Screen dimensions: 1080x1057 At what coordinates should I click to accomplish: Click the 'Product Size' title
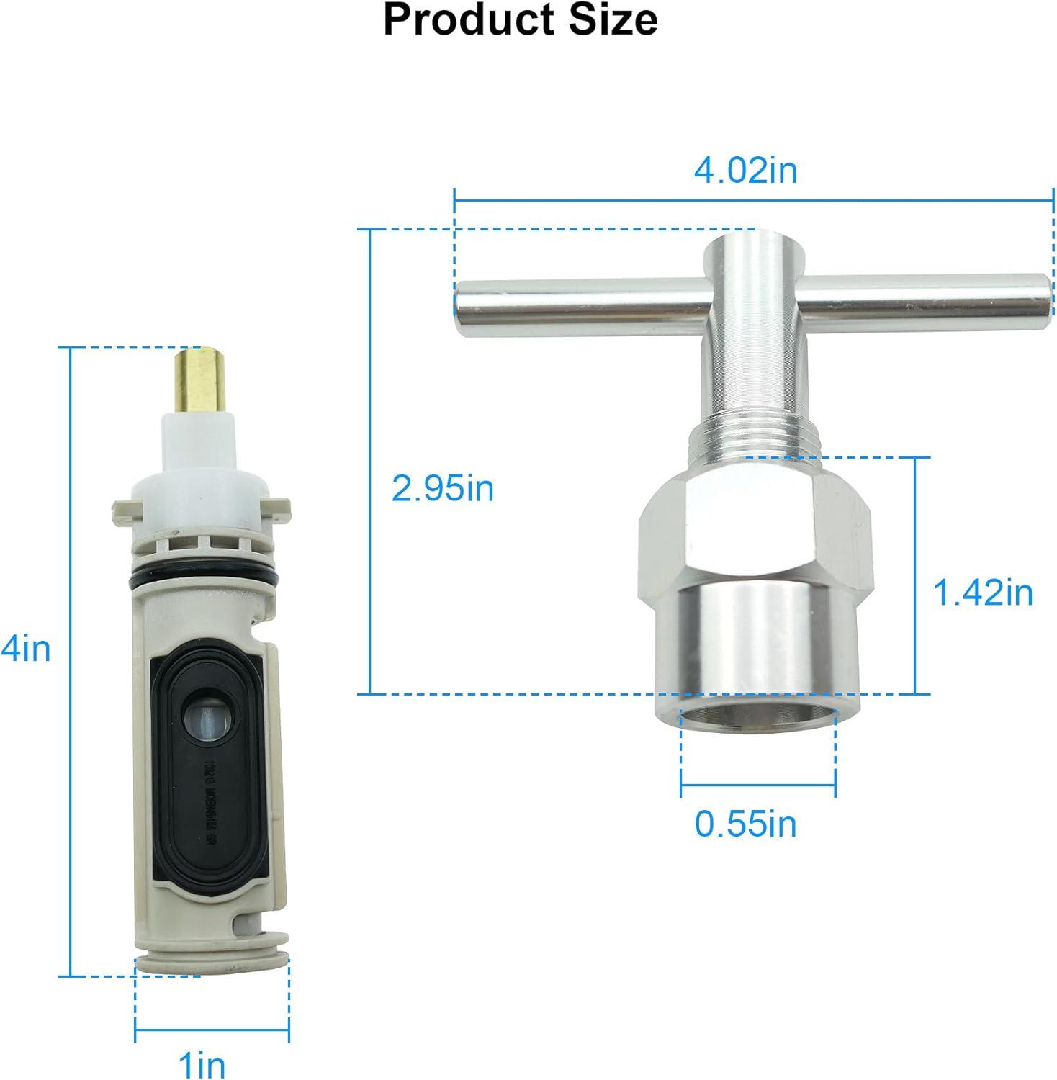tap(520, 20)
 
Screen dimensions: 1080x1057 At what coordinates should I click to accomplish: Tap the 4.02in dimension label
tap(745, 171)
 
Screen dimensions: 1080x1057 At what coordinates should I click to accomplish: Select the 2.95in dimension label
tap(443, 489)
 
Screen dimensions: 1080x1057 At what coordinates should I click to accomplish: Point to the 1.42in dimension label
tap(983, 593)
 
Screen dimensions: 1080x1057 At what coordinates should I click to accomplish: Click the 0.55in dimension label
tap(746, 823)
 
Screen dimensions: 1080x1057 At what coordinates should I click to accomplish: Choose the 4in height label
tap(27, 649)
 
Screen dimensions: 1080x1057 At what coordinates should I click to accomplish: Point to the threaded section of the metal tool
tap(752, 438)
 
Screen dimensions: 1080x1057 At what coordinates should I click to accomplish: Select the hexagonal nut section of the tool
tap(756, 533)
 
